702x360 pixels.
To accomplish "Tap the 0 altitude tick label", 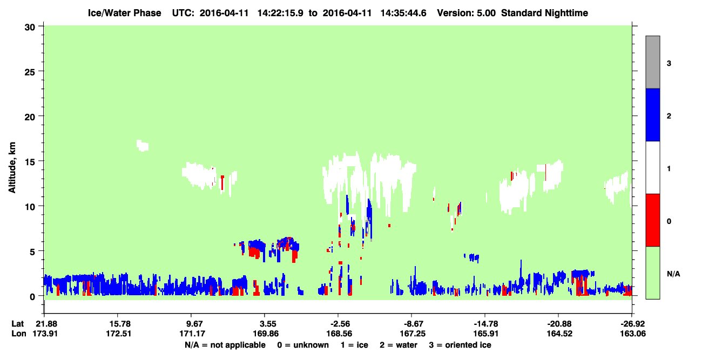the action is pos(32,297).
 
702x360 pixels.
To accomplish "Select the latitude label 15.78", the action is pos(118,324).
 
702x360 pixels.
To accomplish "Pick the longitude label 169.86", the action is pos(266,334).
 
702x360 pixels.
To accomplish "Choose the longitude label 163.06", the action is pos(633,334).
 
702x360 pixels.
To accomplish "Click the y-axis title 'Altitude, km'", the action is pos(12,167).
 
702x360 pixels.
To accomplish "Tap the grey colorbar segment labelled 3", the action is pos(653,62).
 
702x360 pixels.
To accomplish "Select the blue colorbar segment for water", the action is pos(653,114).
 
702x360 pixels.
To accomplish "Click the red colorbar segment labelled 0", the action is pos(653,220).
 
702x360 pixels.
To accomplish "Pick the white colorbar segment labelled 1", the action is pos(653,167).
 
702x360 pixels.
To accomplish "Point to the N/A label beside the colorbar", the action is pos(673,274).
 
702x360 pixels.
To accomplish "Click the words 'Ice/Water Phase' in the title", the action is pos(124,13).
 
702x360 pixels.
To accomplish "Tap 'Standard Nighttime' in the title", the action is pos(545,13).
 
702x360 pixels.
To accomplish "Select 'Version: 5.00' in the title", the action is pos(467,13).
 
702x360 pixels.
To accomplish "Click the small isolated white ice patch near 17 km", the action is pos(143,146).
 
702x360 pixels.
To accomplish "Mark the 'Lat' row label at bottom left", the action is pos(17,324).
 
